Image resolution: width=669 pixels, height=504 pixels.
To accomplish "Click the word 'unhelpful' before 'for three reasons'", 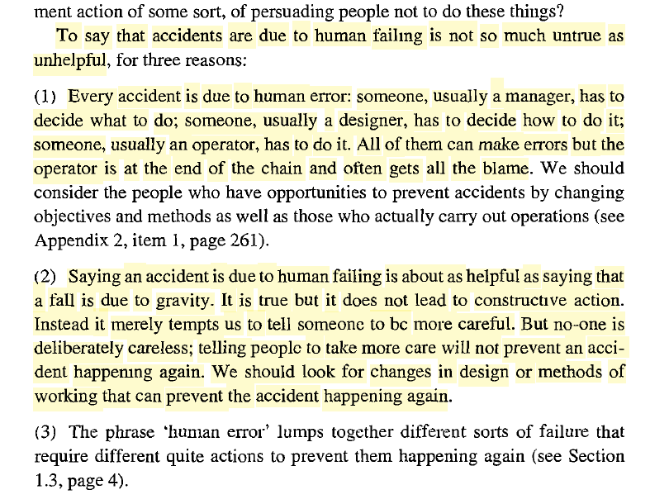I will [68, 61].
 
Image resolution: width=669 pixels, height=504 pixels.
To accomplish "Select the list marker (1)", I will [46, 97].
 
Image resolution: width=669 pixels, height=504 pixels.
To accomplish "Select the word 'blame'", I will [505, 169].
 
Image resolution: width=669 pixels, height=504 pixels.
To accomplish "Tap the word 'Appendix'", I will [67, 242].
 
